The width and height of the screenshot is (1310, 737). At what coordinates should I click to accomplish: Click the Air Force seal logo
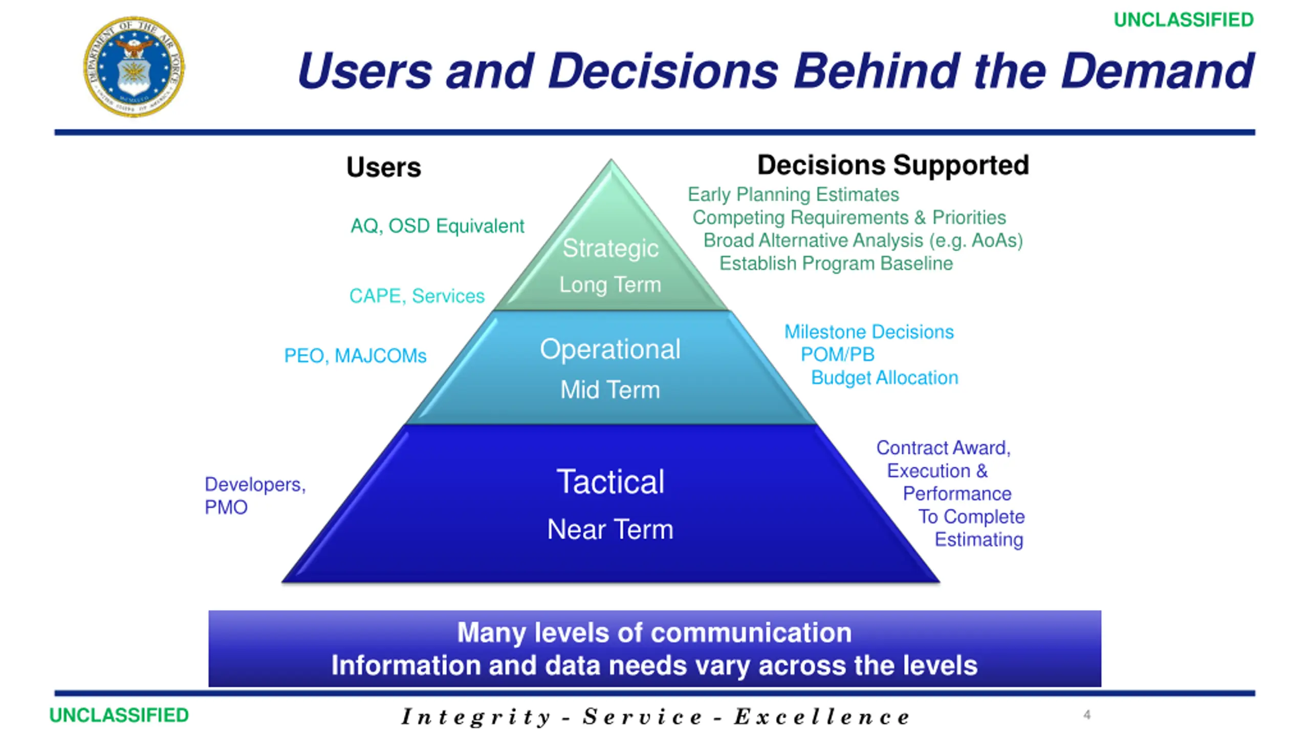[134, 67]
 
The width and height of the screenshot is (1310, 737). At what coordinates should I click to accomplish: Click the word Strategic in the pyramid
[610, 248]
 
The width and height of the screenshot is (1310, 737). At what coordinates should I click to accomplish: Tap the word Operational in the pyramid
[610, 350]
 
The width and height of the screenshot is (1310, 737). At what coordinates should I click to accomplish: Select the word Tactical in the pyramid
[610, 482]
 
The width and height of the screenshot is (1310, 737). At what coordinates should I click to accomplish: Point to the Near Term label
[610, 529]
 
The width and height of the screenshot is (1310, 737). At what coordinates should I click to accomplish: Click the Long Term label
[610, 285]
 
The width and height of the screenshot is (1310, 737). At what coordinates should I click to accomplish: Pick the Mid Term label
[610, 390]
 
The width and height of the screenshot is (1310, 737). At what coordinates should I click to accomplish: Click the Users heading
[384, 167]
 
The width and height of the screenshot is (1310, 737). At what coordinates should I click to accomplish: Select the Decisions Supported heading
[893, 165]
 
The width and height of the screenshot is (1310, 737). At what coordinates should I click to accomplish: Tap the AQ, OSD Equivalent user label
[437, 226]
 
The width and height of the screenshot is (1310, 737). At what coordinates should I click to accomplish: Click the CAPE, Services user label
[417, 296]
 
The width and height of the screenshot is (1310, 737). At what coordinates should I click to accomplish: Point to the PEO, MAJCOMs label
[355, 356]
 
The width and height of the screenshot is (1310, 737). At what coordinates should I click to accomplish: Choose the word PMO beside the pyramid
[226, 508]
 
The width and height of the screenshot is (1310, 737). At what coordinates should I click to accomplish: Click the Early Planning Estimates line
[793, 194]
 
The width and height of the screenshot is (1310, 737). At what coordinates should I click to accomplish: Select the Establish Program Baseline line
[836, 264]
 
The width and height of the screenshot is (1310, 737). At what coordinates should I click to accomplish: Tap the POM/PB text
[838, 354]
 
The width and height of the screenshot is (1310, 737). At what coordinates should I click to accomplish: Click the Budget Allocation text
[884, 378]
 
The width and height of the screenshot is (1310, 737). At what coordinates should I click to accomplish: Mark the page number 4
[1087, 714]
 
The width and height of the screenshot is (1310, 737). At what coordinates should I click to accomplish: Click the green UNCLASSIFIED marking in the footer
[119, 715]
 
